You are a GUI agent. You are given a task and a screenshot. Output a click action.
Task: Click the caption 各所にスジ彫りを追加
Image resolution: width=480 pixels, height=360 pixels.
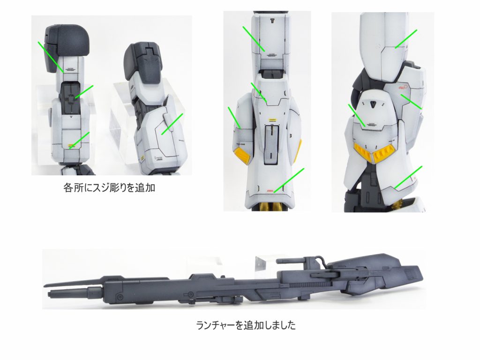(x=109, y=187)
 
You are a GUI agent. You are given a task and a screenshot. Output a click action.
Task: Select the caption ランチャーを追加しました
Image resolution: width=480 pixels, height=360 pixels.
(x=246, y=325)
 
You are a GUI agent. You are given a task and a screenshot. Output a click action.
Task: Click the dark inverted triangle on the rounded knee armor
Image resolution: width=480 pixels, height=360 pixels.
(x=373, y=104)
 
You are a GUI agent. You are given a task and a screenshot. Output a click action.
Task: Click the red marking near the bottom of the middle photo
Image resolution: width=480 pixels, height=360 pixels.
(x=270, y=191)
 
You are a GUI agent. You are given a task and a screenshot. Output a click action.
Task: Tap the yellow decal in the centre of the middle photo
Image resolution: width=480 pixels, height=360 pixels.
(x=272, y=120)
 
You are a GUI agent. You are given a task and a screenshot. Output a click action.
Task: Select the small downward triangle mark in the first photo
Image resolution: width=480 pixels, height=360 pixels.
(x=71, y=117)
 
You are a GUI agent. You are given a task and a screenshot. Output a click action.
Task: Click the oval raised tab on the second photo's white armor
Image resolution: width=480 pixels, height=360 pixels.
(x=168, y=122)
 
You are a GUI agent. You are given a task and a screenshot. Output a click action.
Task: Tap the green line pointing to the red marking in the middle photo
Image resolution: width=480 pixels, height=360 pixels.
(x=289, y=180)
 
